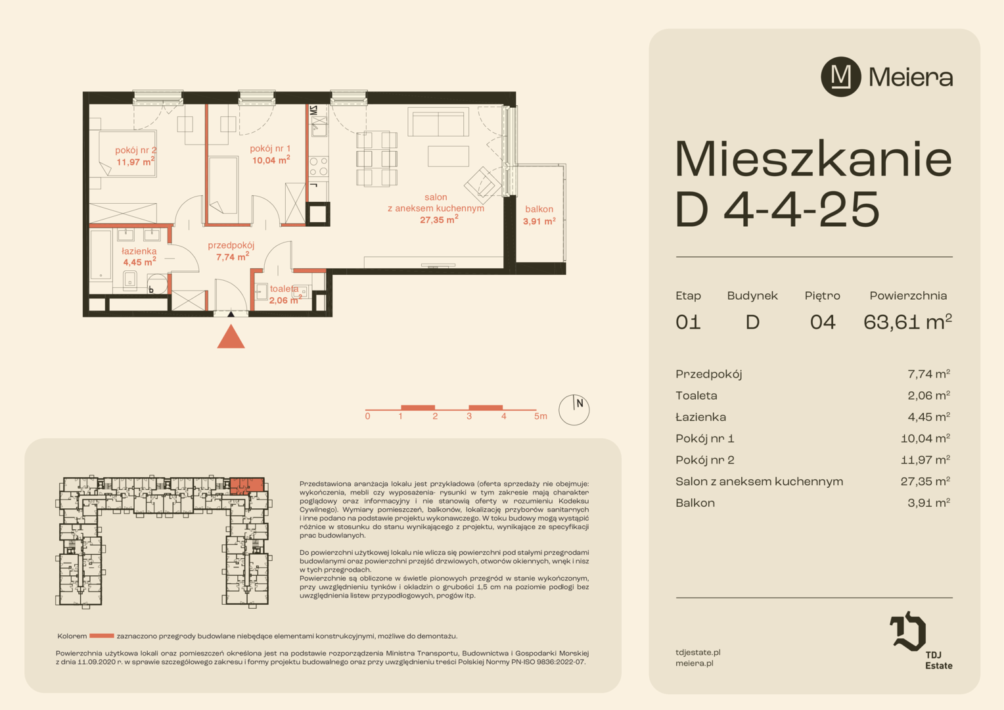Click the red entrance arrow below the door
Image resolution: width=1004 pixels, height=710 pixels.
coord(231,337)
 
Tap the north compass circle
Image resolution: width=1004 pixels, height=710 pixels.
coord(574,410)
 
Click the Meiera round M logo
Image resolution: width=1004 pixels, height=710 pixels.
coord(841,77)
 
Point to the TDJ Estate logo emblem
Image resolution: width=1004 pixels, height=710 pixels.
coord(907,631)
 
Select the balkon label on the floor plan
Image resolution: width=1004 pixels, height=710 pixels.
coord(539,209)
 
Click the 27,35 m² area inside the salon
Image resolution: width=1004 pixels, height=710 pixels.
coord(439,220)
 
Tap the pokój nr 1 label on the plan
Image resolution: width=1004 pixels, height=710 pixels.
coord(270,149)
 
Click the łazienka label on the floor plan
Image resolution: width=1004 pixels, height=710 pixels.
coord(139,251)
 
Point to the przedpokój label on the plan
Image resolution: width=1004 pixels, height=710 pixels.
coord(231,245)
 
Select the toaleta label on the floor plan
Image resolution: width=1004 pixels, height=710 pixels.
coord(284,289)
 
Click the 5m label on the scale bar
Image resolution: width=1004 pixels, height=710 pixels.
coord(541,416)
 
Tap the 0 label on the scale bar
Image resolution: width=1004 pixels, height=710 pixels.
coord(367,416)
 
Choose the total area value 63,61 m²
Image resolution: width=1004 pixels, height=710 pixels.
coord(907,321)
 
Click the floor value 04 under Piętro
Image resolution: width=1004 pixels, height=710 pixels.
coord(823,322)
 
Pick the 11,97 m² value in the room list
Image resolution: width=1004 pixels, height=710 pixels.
coord(926,460)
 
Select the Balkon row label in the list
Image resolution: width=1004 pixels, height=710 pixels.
coord(695,503)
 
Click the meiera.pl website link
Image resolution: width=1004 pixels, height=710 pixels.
coord(695,663)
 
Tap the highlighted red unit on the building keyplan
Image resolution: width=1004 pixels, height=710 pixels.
coord(247,486)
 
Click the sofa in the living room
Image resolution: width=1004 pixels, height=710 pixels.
coord(438,122)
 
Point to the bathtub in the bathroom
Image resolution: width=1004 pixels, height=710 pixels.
coord(101,255)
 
